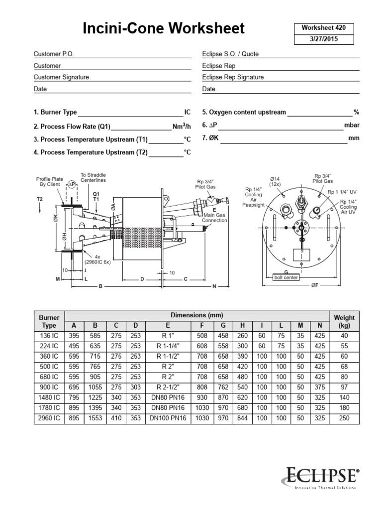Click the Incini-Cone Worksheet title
pos(164,29)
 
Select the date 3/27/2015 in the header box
pos(323,39)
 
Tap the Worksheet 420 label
pos(323,28)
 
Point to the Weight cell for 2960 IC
pos(344,418)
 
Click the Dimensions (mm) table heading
pos(197,315)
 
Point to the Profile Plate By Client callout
pos(49,181)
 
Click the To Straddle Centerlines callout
pos(93,177)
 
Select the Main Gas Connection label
pos(215,217)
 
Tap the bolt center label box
pos(286,277)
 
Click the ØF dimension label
pos(315,286)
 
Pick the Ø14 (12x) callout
pos(275,181)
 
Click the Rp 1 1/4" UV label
pos(342,192)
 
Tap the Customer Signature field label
pos(61,77)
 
